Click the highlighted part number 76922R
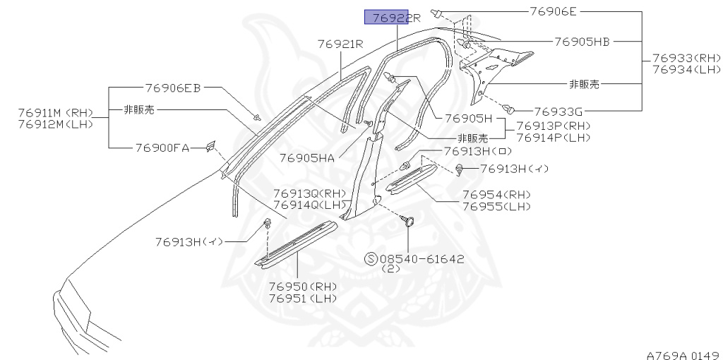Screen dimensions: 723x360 386,17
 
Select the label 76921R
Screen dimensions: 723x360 340,44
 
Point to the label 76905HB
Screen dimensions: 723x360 582,42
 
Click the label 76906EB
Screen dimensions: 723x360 173,88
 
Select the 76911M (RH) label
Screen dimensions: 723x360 55,112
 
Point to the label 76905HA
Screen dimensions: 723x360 306,158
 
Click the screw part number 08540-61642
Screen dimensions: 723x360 422,259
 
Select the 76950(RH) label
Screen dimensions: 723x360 302,287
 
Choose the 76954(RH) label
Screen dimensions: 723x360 496,195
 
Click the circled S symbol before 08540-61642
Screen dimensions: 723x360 371,259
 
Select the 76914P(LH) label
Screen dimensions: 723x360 553,138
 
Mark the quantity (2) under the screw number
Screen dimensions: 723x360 390,270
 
